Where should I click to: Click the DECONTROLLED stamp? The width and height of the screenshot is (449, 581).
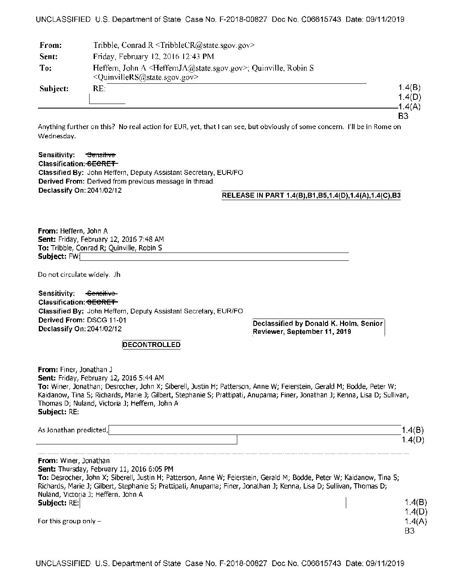pos(151,345)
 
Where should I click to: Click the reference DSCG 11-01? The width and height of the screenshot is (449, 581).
pos(107,320)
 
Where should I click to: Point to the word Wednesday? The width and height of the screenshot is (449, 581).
pos(57,136)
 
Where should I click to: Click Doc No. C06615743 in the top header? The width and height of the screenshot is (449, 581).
pos(307,19)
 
